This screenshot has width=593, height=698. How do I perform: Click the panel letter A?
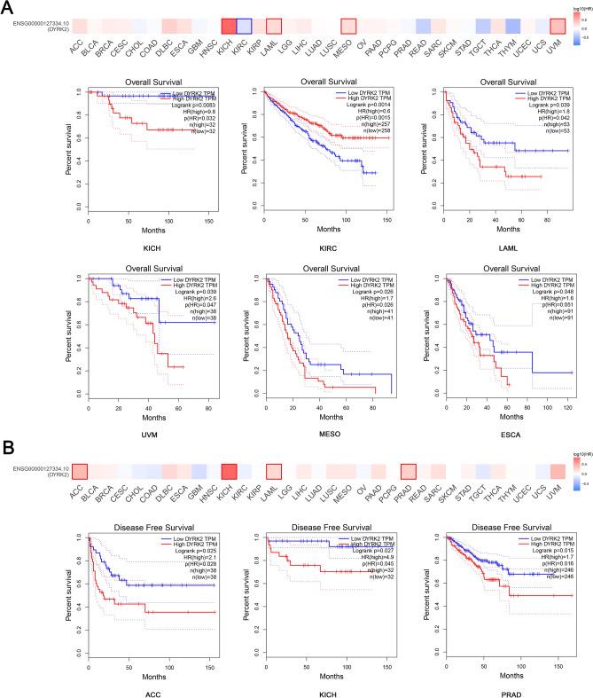pyautogui.click(x=8, y=8)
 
